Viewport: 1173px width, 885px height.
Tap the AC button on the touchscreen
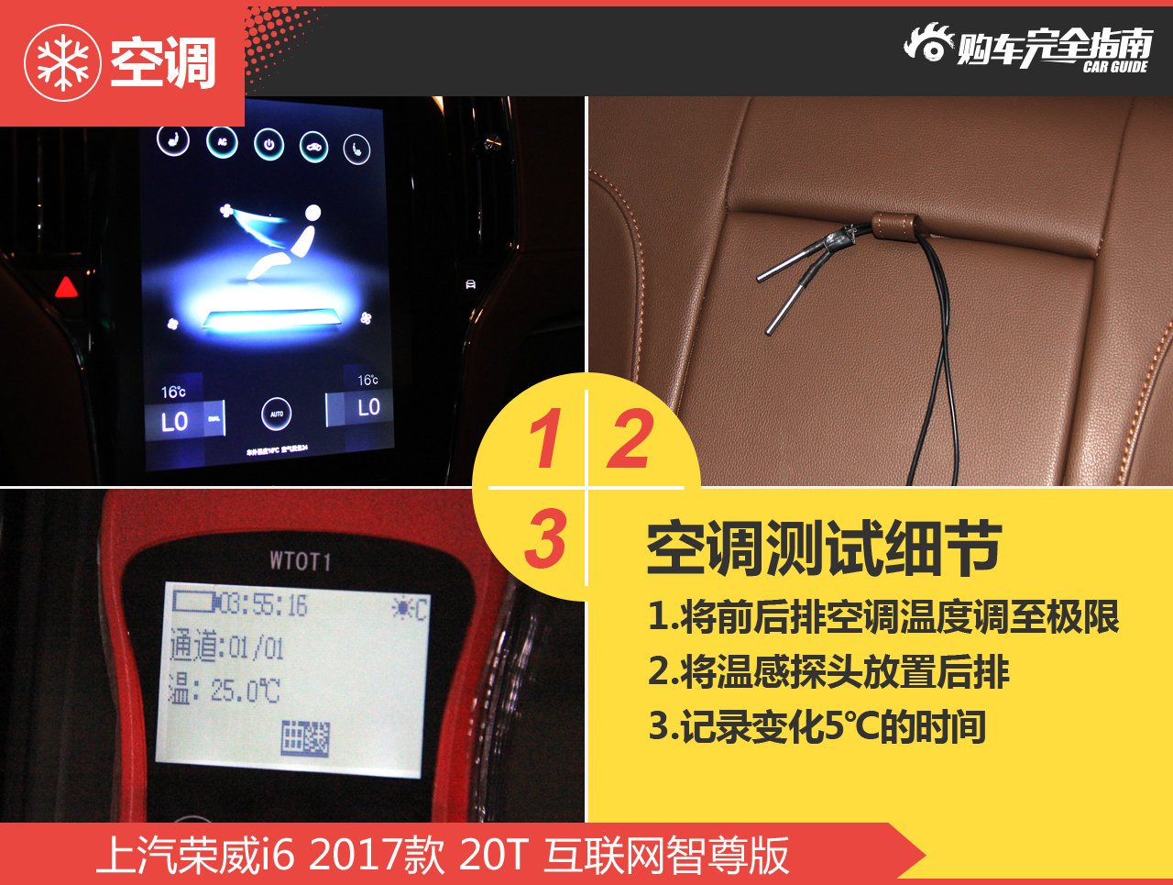(222, 142)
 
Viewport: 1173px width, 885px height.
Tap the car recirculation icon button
(313, 147)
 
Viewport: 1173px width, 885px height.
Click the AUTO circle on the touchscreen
(276, 415)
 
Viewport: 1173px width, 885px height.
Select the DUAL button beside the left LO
(214, 419)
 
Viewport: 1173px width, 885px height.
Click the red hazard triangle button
(66, 288)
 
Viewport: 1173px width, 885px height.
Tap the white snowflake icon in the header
(62, 62)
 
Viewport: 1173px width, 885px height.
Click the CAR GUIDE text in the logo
(1114, 67)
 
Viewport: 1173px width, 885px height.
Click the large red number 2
(630, 438)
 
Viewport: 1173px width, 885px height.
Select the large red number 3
(546, 539)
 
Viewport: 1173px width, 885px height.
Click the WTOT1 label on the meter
(300, 560)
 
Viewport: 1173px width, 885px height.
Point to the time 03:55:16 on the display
(264, 604)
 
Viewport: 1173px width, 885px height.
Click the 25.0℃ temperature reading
(245, 690)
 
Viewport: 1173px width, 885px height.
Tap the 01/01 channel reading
(256, 648)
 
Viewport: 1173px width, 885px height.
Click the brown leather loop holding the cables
(893, 225)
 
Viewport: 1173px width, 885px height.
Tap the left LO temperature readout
(174, 422)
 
